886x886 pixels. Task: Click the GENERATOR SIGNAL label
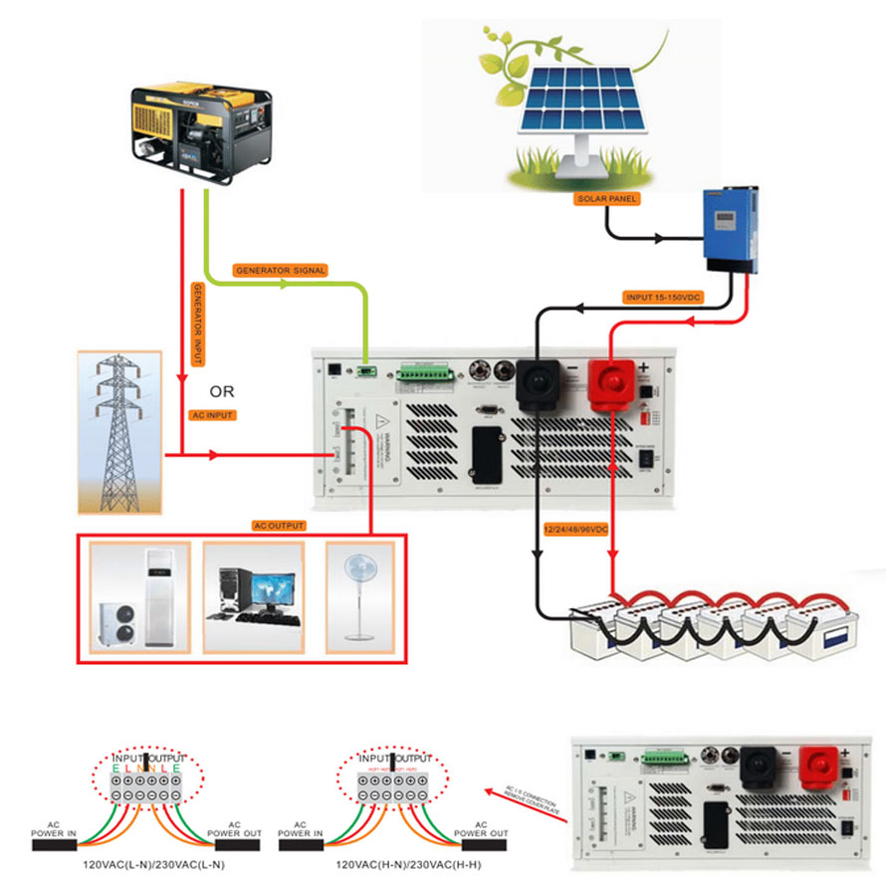tap(280, 270)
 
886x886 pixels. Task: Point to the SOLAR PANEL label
tap(606, 199)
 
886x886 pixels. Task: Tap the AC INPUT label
tap(212, 414)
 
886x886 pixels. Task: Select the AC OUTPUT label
tap(279, 526)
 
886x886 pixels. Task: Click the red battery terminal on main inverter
tap(611, 384)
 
